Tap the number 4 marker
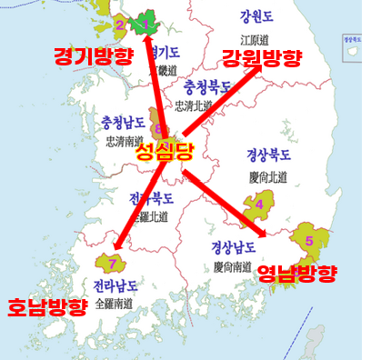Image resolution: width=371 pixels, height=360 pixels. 259,205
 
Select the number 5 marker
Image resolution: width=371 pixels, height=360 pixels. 309,241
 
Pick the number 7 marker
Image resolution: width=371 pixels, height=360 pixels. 112,264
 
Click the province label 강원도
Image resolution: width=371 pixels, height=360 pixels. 256,17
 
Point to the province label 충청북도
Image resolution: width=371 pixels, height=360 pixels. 207,88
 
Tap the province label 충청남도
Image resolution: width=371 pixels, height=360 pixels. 126,124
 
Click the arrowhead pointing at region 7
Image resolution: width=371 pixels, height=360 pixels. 118,242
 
